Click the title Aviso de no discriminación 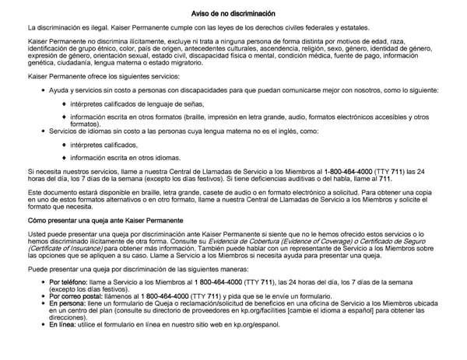tap(233, 14)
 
